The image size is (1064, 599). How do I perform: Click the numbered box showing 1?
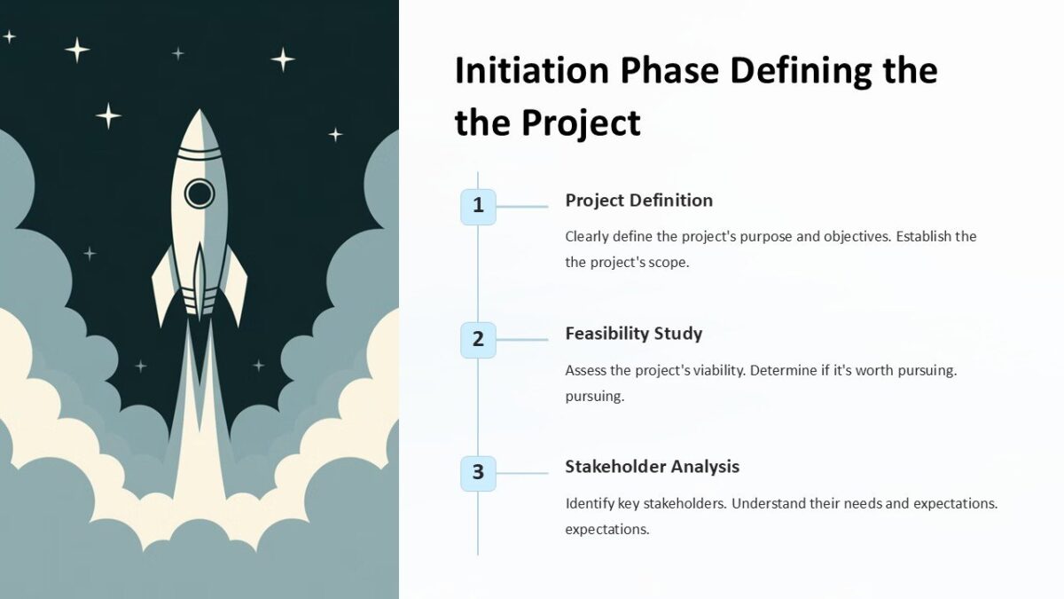pyautogui.click(x=478, y=206)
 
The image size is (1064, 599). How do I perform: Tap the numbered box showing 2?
pyautogui.click(x=478, y=339)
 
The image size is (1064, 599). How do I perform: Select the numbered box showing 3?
pyautogui.click(x=478, y=473)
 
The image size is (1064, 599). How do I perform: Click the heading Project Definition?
pyautogui.click(x=638, y=201)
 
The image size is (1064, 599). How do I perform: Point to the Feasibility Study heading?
pyautogui.click(x=633, y=334)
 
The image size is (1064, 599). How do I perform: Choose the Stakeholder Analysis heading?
pyautogui.click(x=652, y=467)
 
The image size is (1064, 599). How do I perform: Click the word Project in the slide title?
pyautogui.click(x=581, y=122)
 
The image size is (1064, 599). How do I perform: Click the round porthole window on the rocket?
pyautogui.click(x=199, y=193)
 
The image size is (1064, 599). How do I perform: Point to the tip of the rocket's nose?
pyautogui.click(x=199, y=113)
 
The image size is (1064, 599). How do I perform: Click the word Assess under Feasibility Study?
pyautogui.click(x=586, y=370)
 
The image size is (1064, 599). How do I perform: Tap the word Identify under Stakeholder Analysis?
pyautogui.click(x=590, y=503)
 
